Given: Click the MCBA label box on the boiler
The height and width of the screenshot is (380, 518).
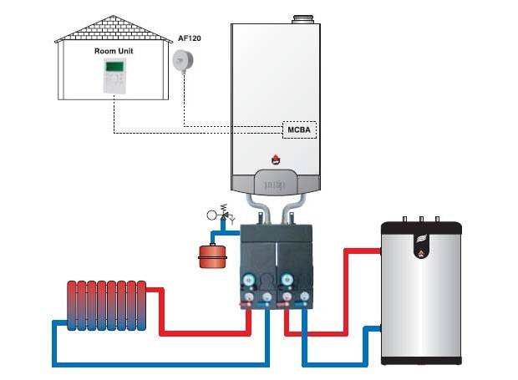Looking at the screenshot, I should coord(298,129).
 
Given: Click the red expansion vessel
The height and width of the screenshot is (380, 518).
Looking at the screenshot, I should coord(209,255).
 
